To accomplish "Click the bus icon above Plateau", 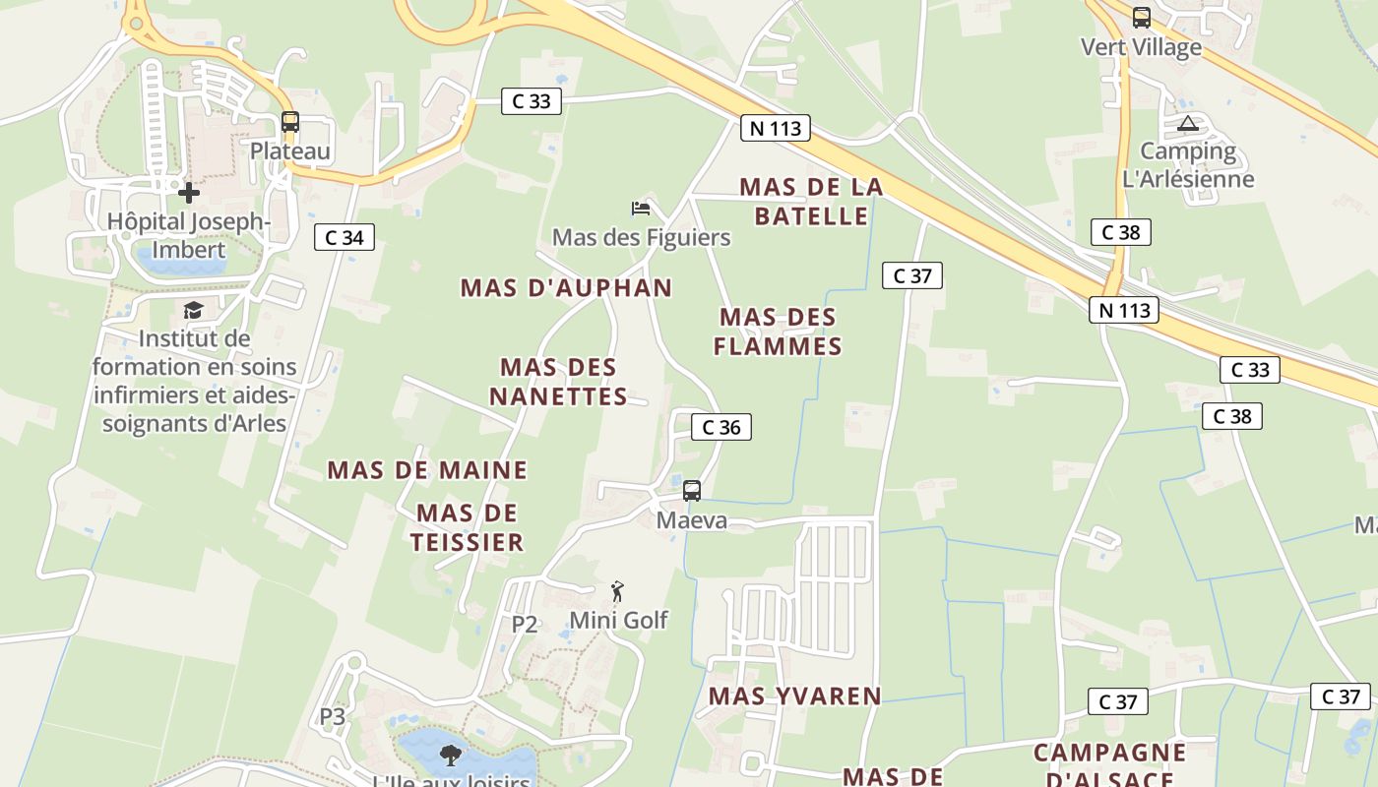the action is (x=289, y=122).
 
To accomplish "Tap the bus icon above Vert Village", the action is (x=1141, y=18).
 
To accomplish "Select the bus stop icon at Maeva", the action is (x=692, y=490).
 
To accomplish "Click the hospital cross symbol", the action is (x=188, y=192).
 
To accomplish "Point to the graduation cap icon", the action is (x=193, y=311).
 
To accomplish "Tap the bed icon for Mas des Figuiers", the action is (x=641, y=208).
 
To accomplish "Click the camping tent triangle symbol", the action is (x=1188, y=124).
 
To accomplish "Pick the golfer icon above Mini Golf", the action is (x=618, y=590).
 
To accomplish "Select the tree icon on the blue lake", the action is (x=451, y=756).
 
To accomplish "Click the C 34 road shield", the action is (x=344, y=237).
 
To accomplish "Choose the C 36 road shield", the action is (x=720, y=427).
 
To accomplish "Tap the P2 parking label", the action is (x=525, y=624).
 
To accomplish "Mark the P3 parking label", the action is (x=333, y=717).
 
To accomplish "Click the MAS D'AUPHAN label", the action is (x=566, y=288).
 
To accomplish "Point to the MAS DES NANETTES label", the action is (x=558, y=382).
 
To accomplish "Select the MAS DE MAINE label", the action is (x=427, y=470).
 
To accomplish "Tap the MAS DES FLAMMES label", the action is (x=778, y=332).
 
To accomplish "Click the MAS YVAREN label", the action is (x=795, y=696).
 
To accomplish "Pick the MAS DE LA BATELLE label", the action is (x=811, y=201).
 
